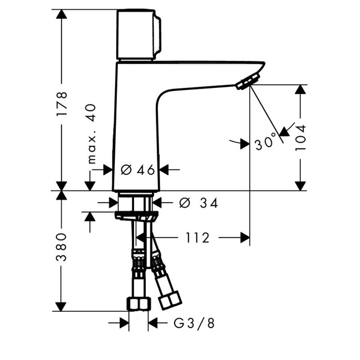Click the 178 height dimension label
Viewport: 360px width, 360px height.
click(62, 103)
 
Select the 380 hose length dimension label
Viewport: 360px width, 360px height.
click(61, 247)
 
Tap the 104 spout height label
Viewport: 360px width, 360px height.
click(301, 138)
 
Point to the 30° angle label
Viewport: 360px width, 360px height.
click(265, 142)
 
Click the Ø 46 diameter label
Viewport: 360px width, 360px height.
click(138, 170)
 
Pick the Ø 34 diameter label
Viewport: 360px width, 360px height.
click(198, 203)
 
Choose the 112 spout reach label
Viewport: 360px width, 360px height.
click(198, 238)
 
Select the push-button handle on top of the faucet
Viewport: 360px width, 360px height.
click(139, 35)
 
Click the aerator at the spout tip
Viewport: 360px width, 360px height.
click(248, 81)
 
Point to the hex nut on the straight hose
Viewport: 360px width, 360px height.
click(139, 304)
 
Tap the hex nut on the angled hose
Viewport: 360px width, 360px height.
click(170, 300)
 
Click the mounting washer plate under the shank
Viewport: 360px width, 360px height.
click(136, 216)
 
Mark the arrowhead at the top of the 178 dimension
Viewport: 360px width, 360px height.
click(61, 14)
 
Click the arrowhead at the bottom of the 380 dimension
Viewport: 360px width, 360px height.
click(61, 307)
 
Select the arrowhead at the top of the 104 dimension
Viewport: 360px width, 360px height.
click(300, 90)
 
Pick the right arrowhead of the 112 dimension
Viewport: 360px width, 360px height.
click(245, 238)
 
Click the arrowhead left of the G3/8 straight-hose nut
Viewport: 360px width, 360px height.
click(124, 323)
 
